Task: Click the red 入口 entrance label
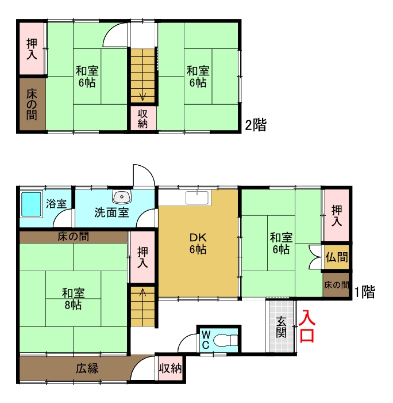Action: click(x=307, y=326)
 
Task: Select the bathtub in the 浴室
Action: click(x=31, y=204)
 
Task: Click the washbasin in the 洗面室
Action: click(x=122, y=197)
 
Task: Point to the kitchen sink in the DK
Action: click(x=196, y=197)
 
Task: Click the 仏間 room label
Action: click(x=336, y=257)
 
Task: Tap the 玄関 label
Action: click(x=281, y=327)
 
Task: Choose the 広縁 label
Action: click(x=87, y=368)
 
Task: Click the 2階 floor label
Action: click(x=256, y=125)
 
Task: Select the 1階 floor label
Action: click(x=364, y=292)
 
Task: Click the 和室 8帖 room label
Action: click(x=74, y=299)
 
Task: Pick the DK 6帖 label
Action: click(x=198, y=244)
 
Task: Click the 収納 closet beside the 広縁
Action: click(x=170, y=368)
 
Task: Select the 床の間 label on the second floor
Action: click(x=32, y=104)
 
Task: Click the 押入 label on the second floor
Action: click(x=32, y=49)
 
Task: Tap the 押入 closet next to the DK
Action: click(x=142, y=257)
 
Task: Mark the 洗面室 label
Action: click(x=111, y=212)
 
